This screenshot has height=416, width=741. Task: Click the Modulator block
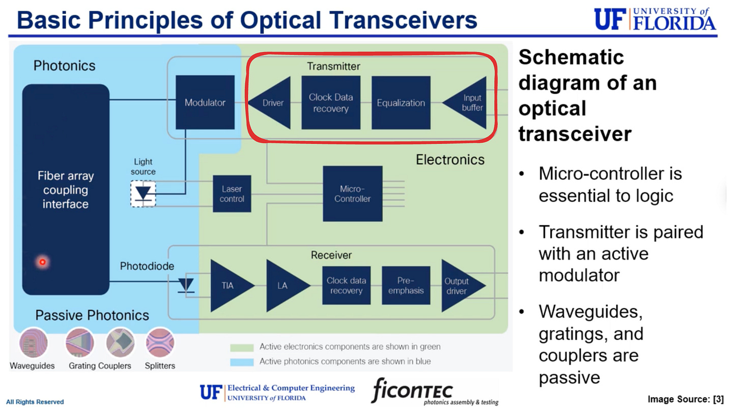click(205, 102)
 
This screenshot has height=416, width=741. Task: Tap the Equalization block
click(401, 103)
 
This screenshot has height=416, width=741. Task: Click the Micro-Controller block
click(352, 193)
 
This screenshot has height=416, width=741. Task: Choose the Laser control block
click(232, 194)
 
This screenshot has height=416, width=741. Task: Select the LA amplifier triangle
click(283, 285)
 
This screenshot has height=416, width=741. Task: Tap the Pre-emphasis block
click(406, 285)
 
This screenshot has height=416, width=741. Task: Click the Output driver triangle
click(459, 286)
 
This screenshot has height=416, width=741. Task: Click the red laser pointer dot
click(43, 262)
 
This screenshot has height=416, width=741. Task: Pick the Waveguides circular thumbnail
click(33, 343)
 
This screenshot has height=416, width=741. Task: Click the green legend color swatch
click(242, 347)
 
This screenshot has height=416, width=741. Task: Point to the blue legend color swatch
click(242, 362)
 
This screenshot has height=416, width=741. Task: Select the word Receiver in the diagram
click(331, 255)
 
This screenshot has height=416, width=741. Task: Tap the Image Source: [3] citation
click(685, 399)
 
